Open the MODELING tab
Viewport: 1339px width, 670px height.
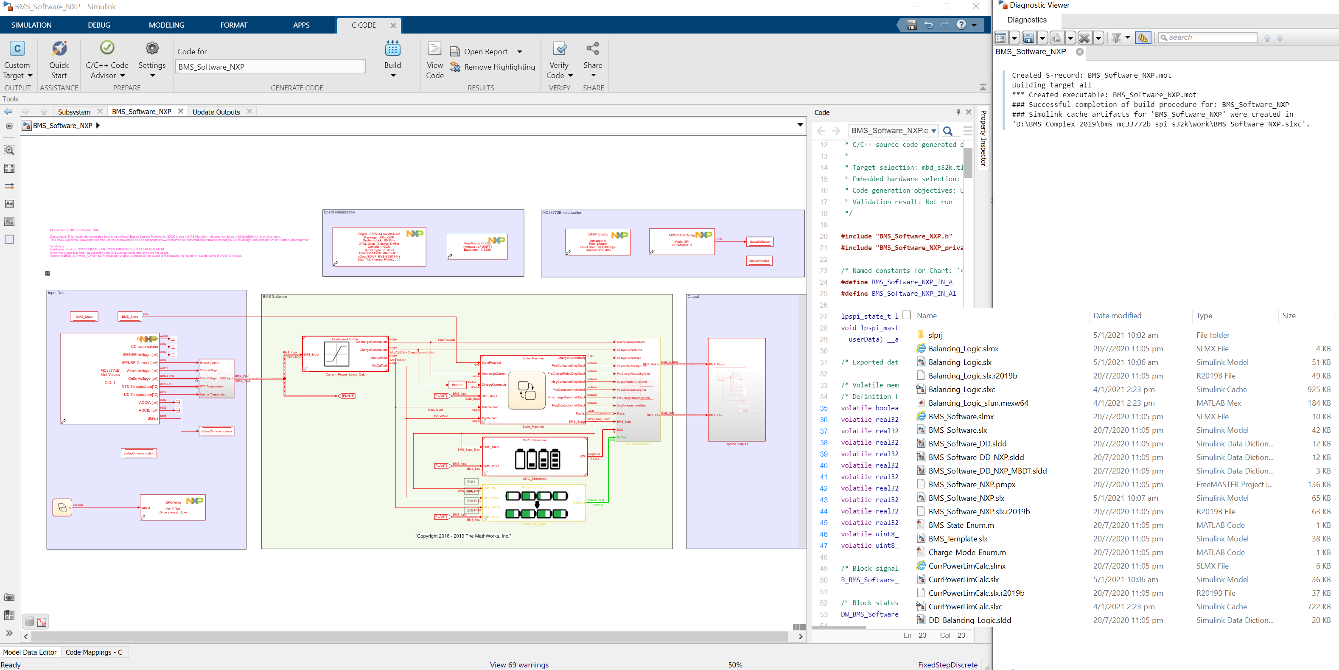click(x=166, y=25)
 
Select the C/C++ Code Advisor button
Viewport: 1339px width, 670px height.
click(x=107, y=60)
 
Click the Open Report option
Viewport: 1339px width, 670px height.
click(x=485, y=51)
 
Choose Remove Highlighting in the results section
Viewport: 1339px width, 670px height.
click(x=499, y=67)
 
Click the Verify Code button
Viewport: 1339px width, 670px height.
click(x=559, y=60)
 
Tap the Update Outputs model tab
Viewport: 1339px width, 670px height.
click(x=216, y=112)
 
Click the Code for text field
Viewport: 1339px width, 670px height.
click(x=270, y=67)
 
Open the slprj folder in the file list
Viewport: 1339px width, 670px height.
click(x=935, y=335)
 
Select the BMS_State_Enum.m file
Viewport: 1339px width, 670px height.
click(x=961, y=525)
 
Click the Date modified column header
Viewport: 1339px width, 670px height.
click(x=1117, y=316)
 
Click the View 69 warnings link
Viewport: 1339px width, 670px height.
click(x=519, y=665)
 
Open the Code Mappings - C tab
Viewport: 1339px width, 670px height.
click(x=94, y=652)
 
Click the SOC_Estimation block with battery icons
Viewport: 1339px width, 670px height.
click(x=534, y=457)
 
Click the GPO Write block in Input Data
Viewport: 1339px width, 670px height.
click(x=173, y=507)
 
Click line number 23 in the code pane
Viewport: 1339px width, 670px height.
click(x=824, y=271)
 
